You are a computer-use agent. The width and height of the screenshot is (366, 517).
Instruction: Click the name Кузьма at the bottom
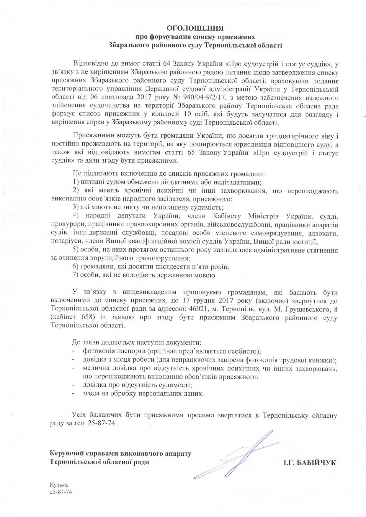(x=59, y=485)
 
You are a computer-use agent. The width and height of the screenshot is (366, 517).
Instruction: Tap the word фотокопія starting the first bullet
(x=98, y=351)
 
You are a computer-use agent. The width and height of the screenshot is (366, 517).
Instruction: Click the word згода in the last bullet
(x=91, y=393)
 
